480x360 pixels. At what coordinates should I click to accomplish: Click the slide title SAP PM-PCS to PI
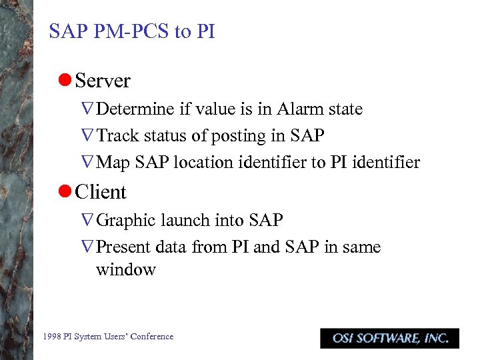pyautogui.click(x=132, y=31)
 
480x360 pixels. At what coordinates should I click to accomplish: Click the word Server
pyautogui.click(x=103, y=81)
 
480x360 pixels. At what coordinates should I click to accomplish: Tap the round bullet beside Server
pyautogui.click(x=65, y=81)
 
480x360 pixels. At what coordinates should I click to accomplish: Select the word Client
pyautogui.click(x=101, y=192)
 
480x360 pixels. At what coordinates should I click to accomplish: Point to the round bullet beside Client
pyautogui.click(x=65, y=191)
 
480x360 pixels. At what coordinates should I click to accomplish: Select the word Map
pyautogui.click(x=113, y=163)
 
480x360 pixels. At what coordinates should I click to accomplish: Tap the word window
pyautogui.click(x=126, y=270)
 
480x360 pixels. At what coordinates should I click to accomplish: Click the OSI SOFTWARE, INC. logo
pyautogui.click(x=389, y=338)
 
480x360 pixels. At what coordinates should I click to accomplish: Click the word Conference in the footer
pyautogui.click(x=153, y=337)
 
